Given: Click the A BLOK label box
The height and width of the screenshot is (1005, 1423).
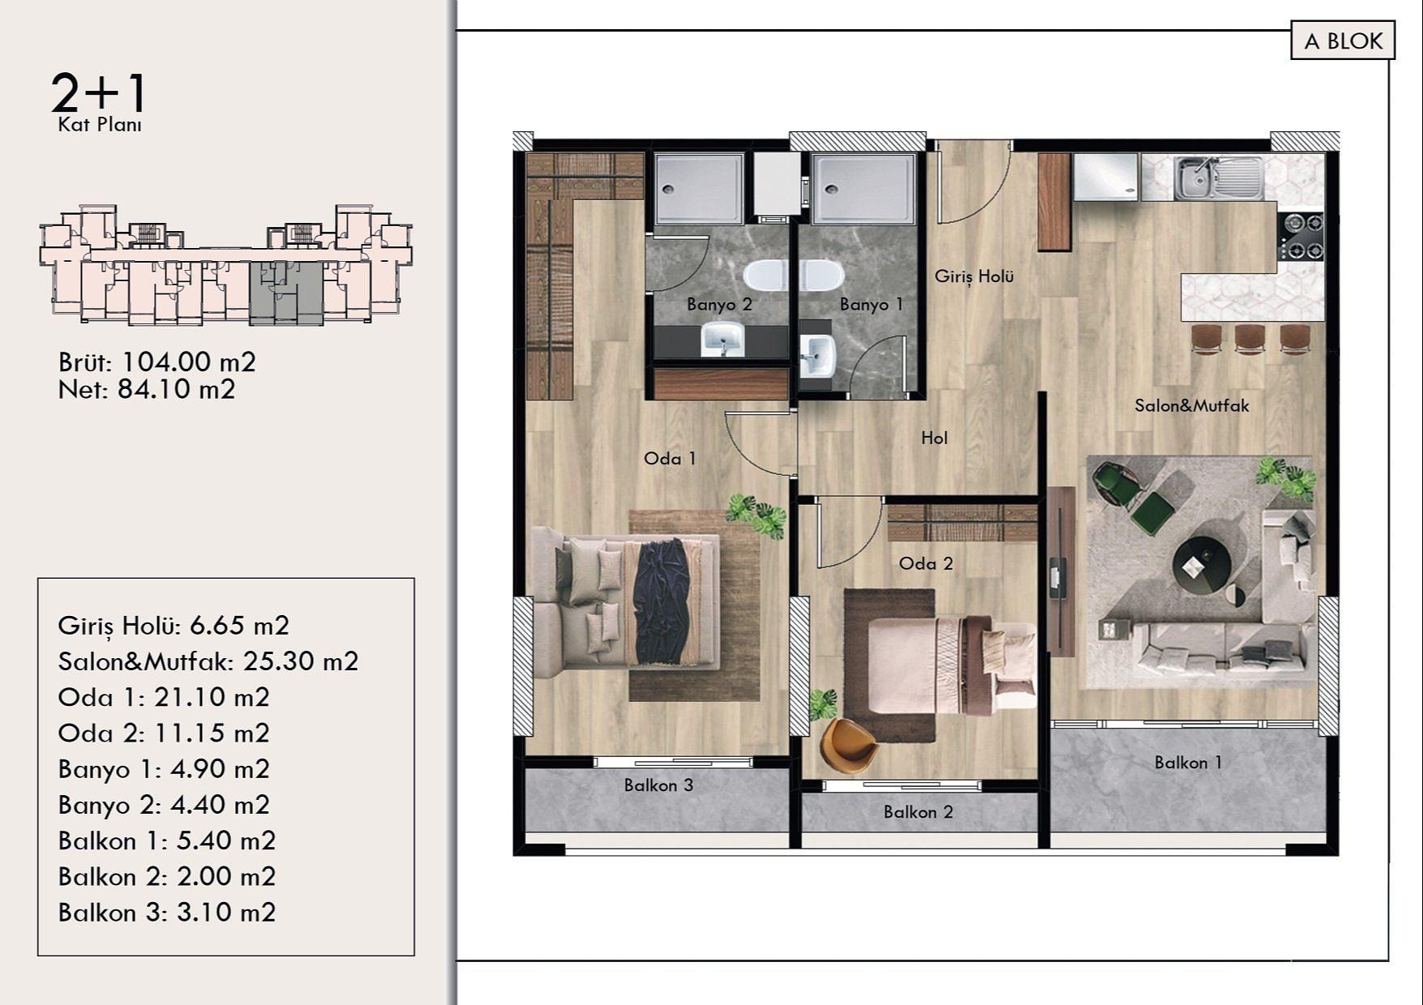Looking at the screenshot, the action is [1343, 41].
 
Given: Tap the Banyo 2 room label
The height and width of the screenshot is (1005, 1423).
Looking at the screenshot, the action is [719, 305].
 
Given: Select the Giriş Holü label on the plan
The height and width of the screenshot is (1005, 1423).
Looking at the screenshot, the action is [974, 276].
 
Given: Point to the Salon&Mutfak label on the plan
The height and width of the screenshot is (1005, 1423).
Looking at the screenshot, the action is [1192, 405].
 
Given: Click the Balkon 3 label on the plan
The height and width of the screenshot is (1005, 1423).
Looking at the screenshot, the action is [658, 785].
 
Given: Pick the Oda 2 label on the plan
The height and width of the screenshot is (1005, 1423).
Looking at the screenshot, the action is [926, 563].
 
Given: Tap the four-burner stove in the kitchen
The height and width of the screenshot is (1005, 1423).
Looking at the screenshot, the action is [1301, 236].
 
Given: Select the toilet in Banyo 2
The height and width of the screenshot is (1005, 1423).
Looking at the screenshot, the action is [765, 276].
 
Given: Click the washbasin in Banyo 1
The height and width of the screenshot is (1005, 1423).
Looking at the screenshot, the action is [817, 354].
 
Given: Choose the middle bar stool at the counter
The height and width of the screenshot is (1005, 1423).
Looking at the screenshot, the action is [1249, 338].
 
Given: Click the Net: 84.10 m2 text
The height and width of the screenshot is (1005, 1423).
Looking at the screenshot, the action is [147, 390].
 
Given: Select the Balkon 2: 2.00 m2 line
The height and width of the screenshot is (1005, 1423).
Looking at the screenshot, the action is [167, 877].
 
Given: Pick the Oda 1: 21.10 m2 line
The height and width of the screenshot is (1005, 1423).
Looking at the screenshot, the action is [164, 697].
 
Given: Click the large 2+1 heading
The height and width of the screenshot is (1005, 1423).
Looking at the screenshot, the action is [99, 92].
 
